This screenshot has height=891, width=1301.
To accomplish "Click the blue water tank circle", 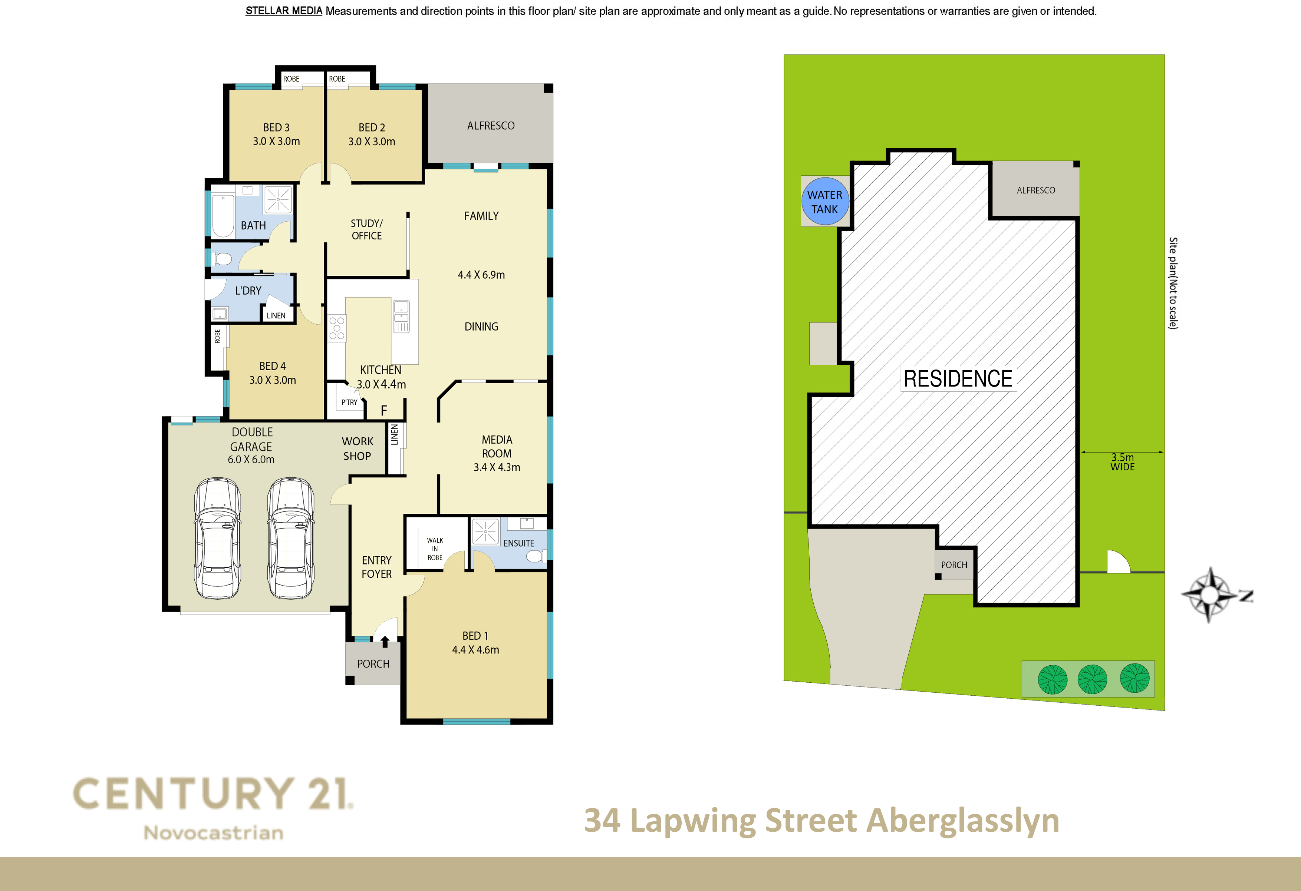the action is click(x=824, y=201).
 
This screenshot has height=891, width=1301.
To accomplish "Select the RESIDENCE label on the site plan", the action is click(x=958, y=379).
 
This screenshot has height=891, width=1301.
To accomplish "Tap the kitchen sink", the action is click(x=401, y=317).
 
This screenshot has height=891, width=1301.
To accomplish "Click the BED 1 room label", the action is click(x=475, y=643).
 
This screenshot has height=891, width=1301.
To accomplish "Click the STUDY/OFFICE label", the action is click(x=367, y=229).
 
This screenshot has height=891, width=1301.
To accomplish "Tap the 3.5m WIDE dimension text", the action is click(x=1122, y=462).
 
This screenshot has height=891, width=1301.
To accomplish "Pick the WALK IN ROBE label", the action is click(x=435, y=549).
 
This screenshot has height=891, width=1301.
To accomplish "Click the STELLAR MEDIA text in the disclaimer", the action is click(x=284, y=11).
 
